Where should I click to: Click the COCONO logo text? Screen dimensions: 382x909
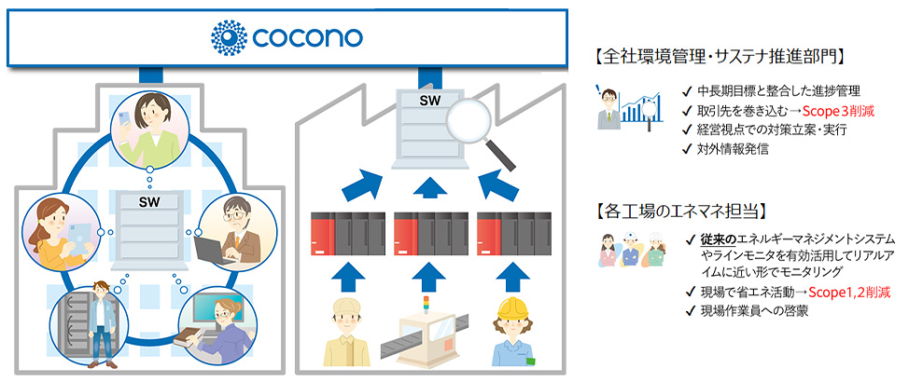[306, 38]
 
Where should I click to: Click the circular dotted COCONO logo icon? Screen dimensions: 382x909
[229, 38]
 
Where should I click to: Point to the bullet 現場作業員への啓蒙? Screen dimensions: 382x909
[754, 311]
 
